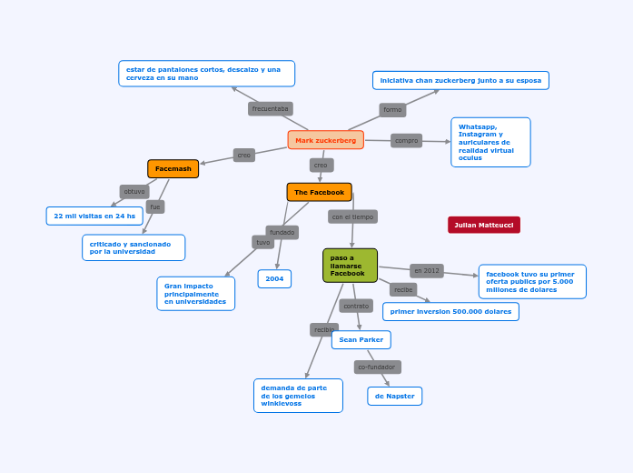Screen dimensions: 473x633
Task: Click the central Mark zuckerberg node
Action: [x=325, y=140]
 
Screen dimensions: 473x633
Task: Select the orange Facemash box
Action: [x=173, y=169]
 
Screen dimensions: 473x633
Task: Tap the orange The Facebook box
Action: [x=319, y=192]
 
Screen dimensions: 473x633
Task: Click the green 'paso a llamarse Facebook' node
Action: [x=350, y=266]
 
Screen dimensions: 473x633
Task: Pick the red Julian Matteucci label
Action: [x=483, y=225]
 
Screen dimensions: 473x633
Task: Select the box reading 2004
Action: [x=274, y=279]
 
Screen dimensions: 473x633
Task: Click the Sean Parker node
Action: [x=361, y=340]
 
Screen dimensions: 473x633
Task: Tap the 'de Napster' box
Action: [x=394, y=397]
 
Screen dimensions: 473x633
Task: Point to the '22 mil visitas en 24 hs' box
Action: [x=94, y=216]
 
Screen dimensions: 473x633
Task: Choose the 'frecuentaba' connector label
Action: [x=270, y=109]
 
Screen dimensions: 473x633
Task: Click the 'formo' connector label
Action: [x=392, y=110]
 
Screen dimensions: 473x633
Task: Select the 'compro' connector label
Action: [x=406, y=141]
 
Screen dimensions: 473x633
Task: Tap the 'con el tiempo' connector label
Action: [x=352, y=216]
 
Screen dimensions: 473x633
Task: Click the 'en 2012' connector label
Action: [x=426, y=271]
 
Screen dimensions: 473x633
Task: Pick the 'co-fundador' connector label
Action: [x=377, y=367]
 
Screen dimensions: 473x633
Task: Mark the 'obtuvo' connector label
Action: [x=134, y=192]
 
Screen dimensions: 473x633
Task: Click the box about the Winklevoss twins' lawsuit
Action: [x=297, y=396]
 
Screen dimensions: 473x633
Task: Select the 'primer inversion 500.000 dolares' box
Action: [x=450, y=312]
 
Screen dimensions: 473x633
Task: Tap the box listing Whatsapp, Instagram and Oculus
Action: [x=490, y=143]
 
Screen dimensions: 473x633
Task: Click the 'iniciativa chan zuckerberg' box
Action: [x=460, y=81]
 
